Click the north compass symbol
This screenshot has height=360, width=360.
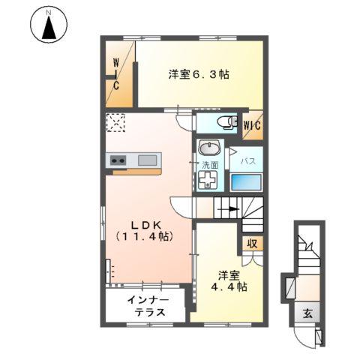49,27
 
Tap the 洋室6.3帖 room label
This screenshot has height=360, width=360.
198,74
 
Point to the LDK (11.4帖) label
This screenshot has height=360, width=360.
145,229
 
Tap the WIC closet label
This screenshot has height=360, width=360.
251,125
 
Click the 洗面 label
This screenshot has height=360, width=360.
210,164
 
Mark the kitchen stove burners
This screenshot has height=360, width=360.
118,160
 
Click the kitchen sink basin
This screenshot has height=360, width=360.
148,160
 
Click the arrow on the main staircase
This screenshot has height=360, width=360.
232,209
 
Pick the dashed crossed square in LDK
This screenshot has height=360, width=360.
117,122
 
